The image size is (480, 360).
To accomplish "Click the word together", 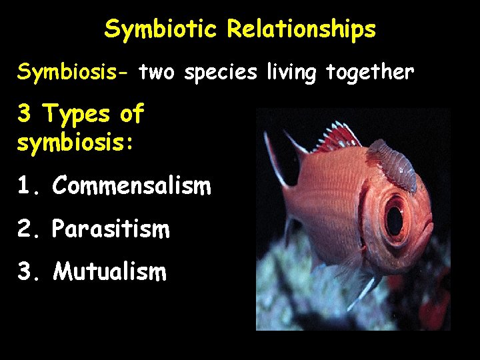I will pyautogui.click(x=370, y=72).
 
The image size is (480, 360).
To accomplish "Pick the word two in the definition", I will pyautogui.click(x=158, y=72).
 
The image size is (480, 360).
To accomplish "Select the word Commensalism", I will pyautogui.click(x=131, y=185).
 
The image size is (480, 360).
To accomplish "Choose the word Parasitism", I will pyautogui.click(x=111, y=229).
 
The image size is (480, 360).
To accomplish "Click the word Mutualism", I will pyautogui.click(x=109, y=271).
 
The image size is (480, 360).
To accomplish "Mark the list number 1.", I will pyautogui.click(x=25, y=186).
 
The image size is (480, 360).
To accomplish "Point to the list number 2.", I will pyautogui.click(x=25, y=229).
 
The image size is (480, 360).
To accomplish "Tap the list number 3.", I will pyautogui.click(x=25, y=271).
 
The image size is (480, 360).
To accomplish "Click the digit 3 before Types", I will pyautogui.click(x=25, y=115).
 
